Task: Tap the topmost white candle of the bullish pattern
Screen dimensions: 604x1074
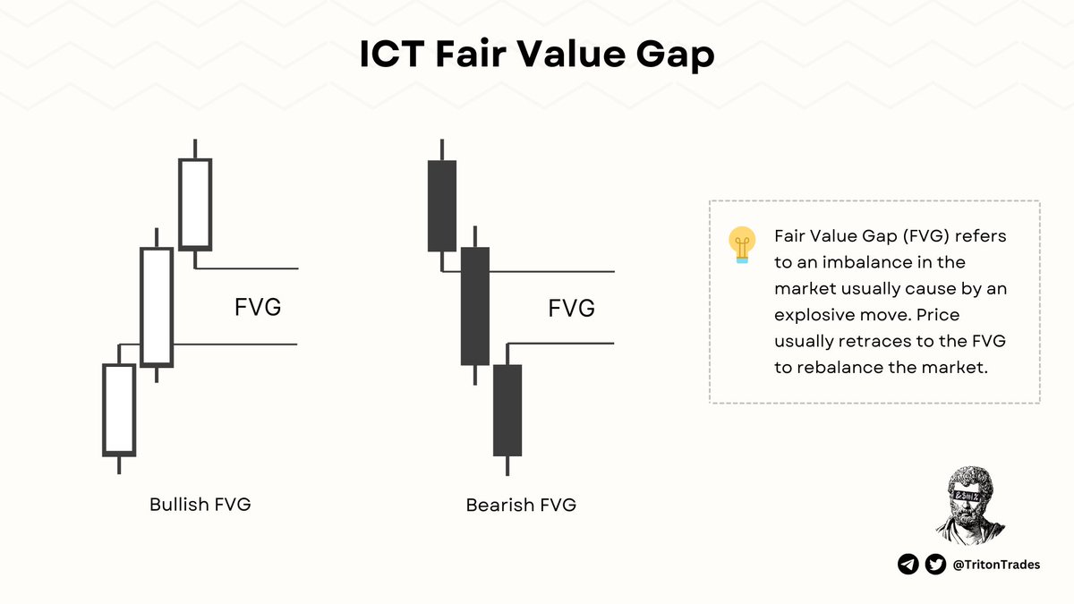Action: click(x=195, y=204)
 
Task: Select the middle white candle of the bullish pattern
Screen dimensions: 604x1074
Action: click(x=157, y=307)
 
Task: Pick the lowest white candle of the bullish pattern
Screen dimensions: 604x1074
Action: click(x=119, y=409)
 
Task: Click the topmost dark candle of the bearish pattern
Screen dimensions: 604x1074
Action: click(x=442, y=206)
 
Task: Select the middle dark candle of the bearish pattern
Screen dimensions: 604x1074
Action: click(x=475, y=306)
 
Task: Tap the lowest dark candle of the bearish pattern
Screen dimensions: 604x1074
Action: click(x=507, y=410)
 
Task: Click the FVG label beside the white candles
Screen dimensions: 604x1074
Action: click(x=258, y=307)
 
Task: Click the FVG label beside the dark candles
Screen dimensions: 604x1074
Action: click(x=572, y=309)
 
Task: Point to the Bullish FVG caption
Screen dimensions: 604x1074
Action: click(x=200, y=504)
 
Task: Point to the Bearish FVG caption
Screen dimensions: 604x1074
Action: click(x=521, y=505)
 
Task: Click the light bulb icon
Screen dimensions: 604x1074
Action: click(x=741, y=244)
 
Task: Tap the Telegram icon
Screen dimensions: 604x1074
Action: click(x=908, y=564)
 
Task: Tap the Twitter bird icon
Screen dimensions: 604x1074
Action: click(x=935, y=564)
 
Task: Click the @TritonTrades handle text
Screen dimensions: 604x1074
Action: click(x=996, y=565)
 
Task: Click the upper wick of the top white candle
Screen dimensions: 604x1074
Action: click(x=195, y=149)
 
